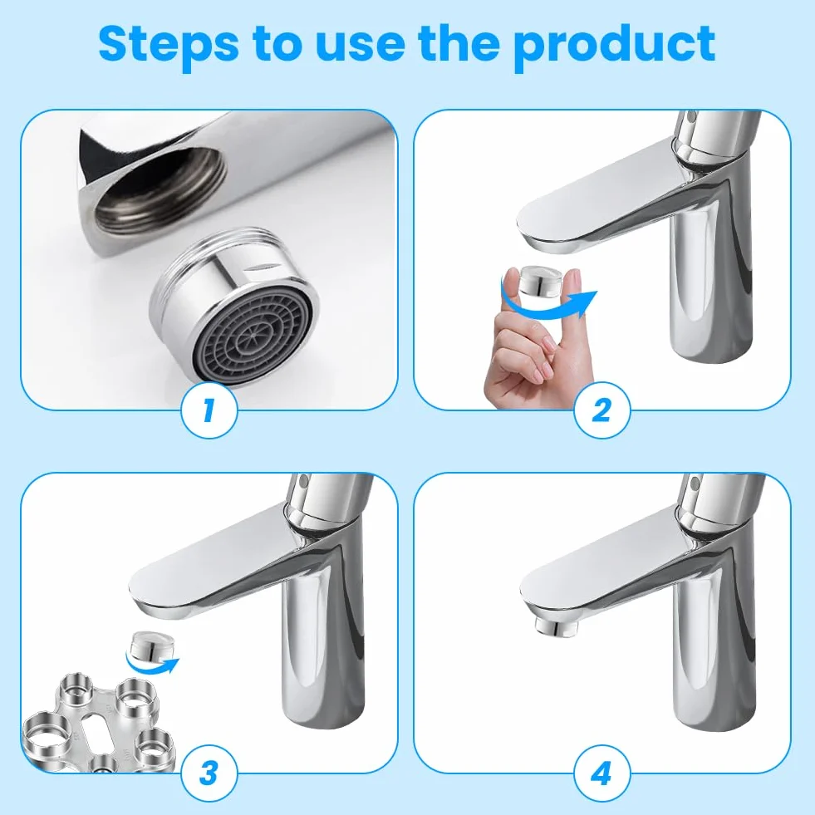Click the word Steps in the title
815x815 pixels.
tap(169, 45)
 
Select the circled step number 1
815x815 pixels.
tap(209, 410)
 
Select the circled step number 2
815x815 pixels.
tap(601, 410)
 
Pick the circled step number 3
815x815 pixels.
tap(209, 773)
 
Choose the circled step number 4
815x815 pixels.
tap(601, 773)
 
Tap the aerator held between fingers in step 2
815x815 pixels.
tap(543, 281)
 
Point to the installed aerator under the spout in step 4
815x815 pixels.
tap(554, 626)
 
